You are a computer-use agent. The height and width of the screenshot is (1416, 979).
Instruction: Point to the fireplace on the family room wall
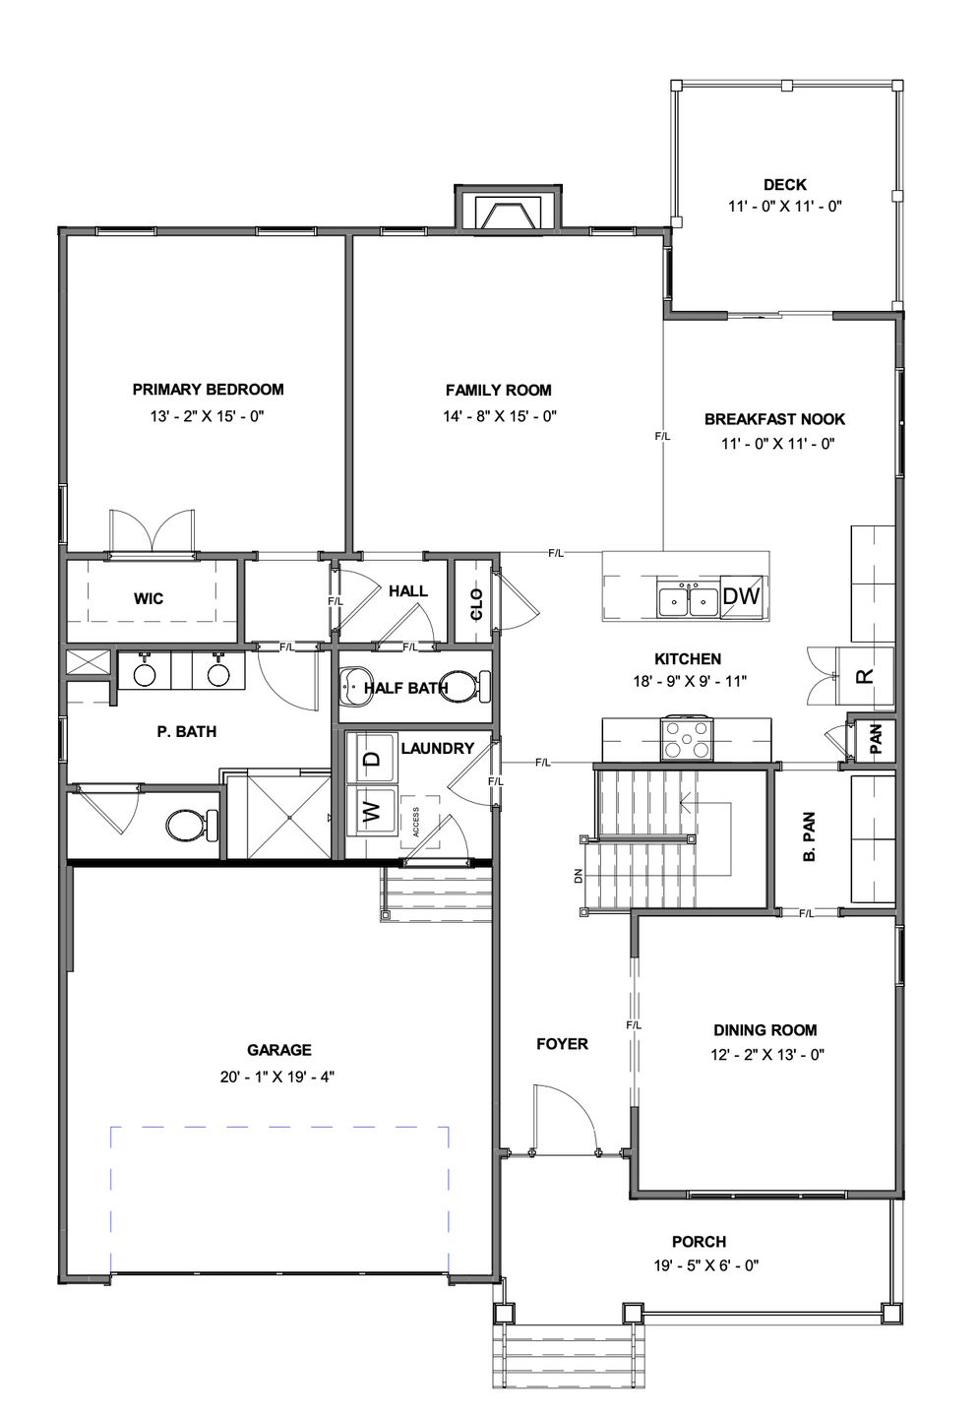pyautogui.click(x=508, y=210)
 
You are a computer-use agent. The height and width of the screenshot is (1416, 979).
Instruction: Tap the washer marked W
pyautogui.click(x=373, y=810)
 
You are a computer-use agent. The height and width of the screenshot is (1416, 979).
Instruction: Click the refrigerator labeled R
pyautogui.click(x=864, y=675)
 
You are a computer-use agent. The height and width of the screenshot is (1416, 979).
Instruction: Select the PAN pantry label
pyautogui.click(x=877, y=738)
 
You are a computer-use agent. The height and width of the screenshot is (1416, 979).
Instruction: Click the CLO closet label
pyautogui.click(x=476, y=604)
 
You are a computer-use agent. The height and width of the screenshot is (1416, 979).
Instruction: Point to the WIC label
pyautogui.click(x=149, y=598)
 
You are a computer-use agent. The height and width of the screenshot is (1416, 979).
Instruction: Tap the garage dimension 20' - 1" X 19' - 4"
pyautogui.click(x=276, y=1077)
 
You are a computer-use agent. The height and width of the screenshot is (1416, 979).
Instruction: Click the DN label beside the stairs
pyautogui.click(x=579, y=877)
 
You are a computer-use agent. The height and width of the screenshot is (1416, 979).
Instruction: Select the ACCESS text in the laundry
pyautogui.click(x=416, y=821)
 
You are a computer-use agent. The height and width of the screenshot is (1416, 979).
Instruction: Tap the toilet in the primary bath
pyautogui.click(x=192, y=825)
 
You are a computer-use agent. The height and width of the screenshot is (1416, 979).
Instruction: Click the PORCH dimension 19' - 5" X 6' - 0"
pyautogui.click(x=706, y=1264)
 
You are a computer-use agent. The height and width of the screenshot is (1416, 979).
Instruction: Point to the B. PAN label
pyautogui.click(x=809, y=836)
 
